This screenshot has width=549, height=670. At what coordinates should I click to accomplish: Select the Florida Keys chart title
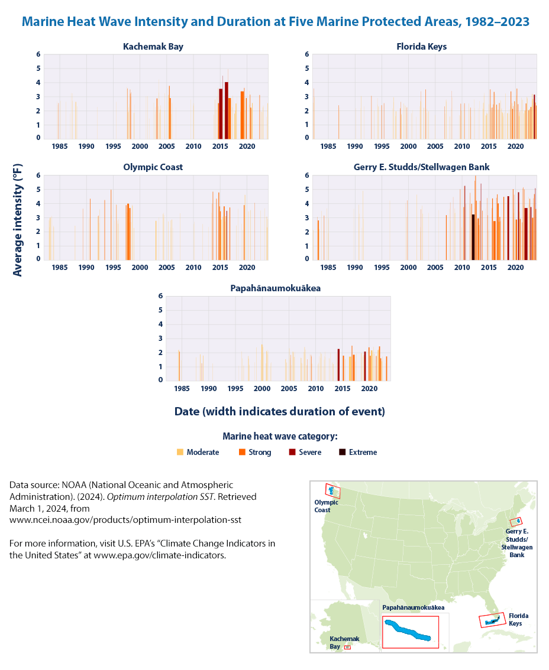421,46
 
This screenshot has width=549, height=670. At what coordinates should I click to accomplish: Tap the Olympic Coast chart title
153,167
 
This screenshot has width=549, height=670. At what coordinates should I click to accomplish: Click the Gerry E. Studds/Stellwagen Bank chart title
421,167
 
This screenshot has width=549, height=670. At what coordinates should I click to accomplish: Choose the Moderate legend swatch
180,453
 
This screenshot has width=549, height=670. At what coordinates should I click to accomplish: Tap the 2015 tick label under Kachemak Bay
220,146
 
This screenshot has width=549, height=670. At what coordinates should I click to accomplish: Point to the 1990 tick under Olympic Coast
86,267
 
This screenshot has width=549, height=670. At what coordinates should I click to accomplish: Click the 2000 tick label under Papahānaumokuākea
262,388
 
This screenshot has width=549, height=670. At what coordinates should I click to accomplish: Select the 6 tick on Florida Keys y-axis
306,54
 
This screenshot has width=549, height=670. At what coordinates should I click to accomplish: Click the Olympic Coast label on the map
326,506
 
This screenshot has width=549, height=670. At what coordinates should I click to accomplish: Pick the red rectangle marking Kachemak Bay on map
347,648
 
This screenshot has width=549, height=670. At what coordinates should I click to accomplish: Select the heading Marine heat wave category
280,437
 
